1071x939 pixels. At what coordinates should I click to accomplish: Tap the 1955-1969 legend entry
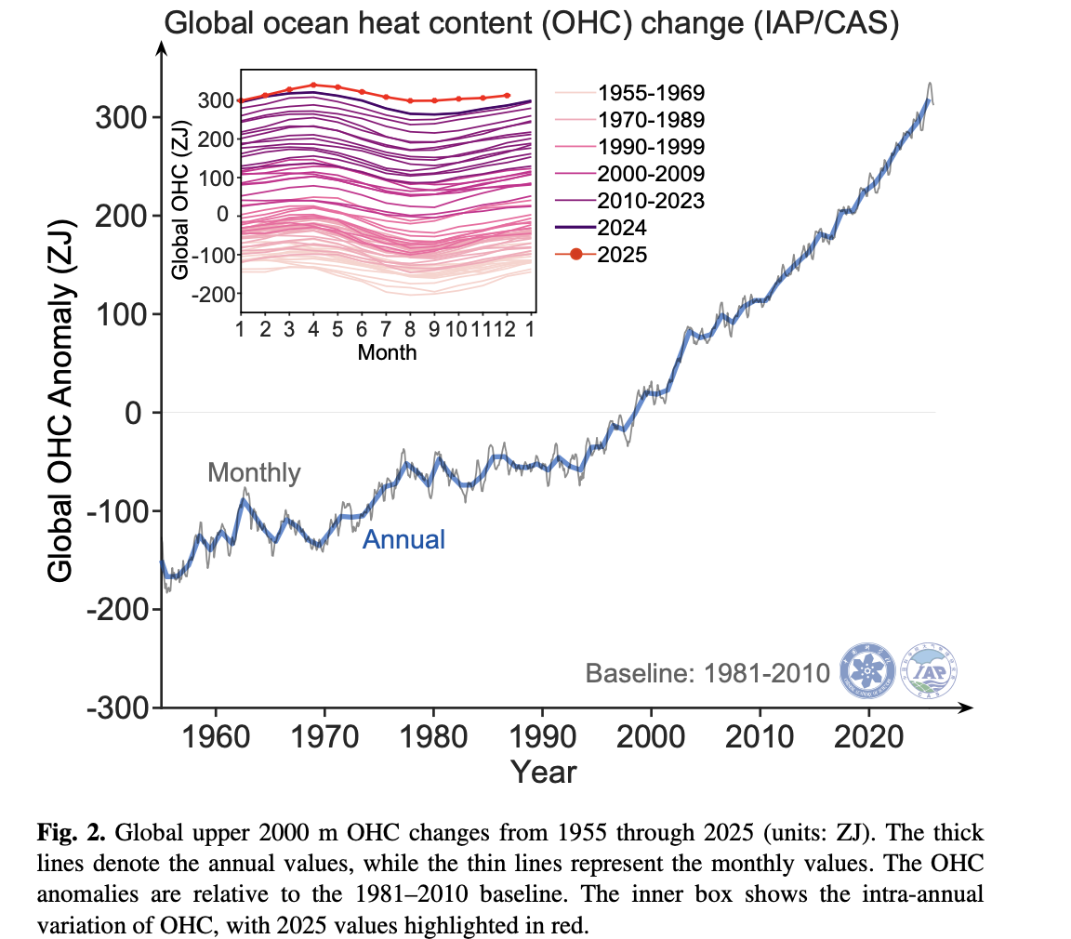pos(651,93)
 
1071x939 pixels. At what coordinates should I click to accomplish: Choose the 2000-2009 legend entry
pos(651,174)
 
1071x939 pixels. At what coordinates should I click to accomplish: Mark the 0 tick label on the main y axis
pos(134,413)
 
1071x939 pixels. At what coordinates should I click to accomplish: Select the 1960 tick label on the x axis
pos(216,740)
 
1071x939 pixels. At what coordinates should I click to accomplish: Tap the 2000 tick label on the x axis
pos(651,740)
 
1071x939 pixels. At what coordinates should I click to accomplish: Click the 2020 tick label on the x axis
pos(868,740)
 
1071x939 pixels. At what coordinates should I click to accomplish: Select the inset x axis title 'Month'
pos(387,353)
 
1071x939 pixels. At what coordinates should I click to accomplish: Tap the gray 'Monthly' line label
pos(254,473)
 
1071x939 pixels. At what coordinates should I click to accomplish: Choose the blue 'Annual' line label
pos(403,539)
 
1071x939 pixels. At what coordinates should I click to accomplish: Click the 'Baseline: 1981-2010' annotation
pos(707,673)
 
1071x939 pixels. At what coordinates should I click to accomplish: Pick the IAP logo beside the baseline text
pos(931,670)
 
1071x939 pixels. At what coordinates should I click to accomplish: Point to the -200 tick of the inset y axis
pos(213,294)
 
